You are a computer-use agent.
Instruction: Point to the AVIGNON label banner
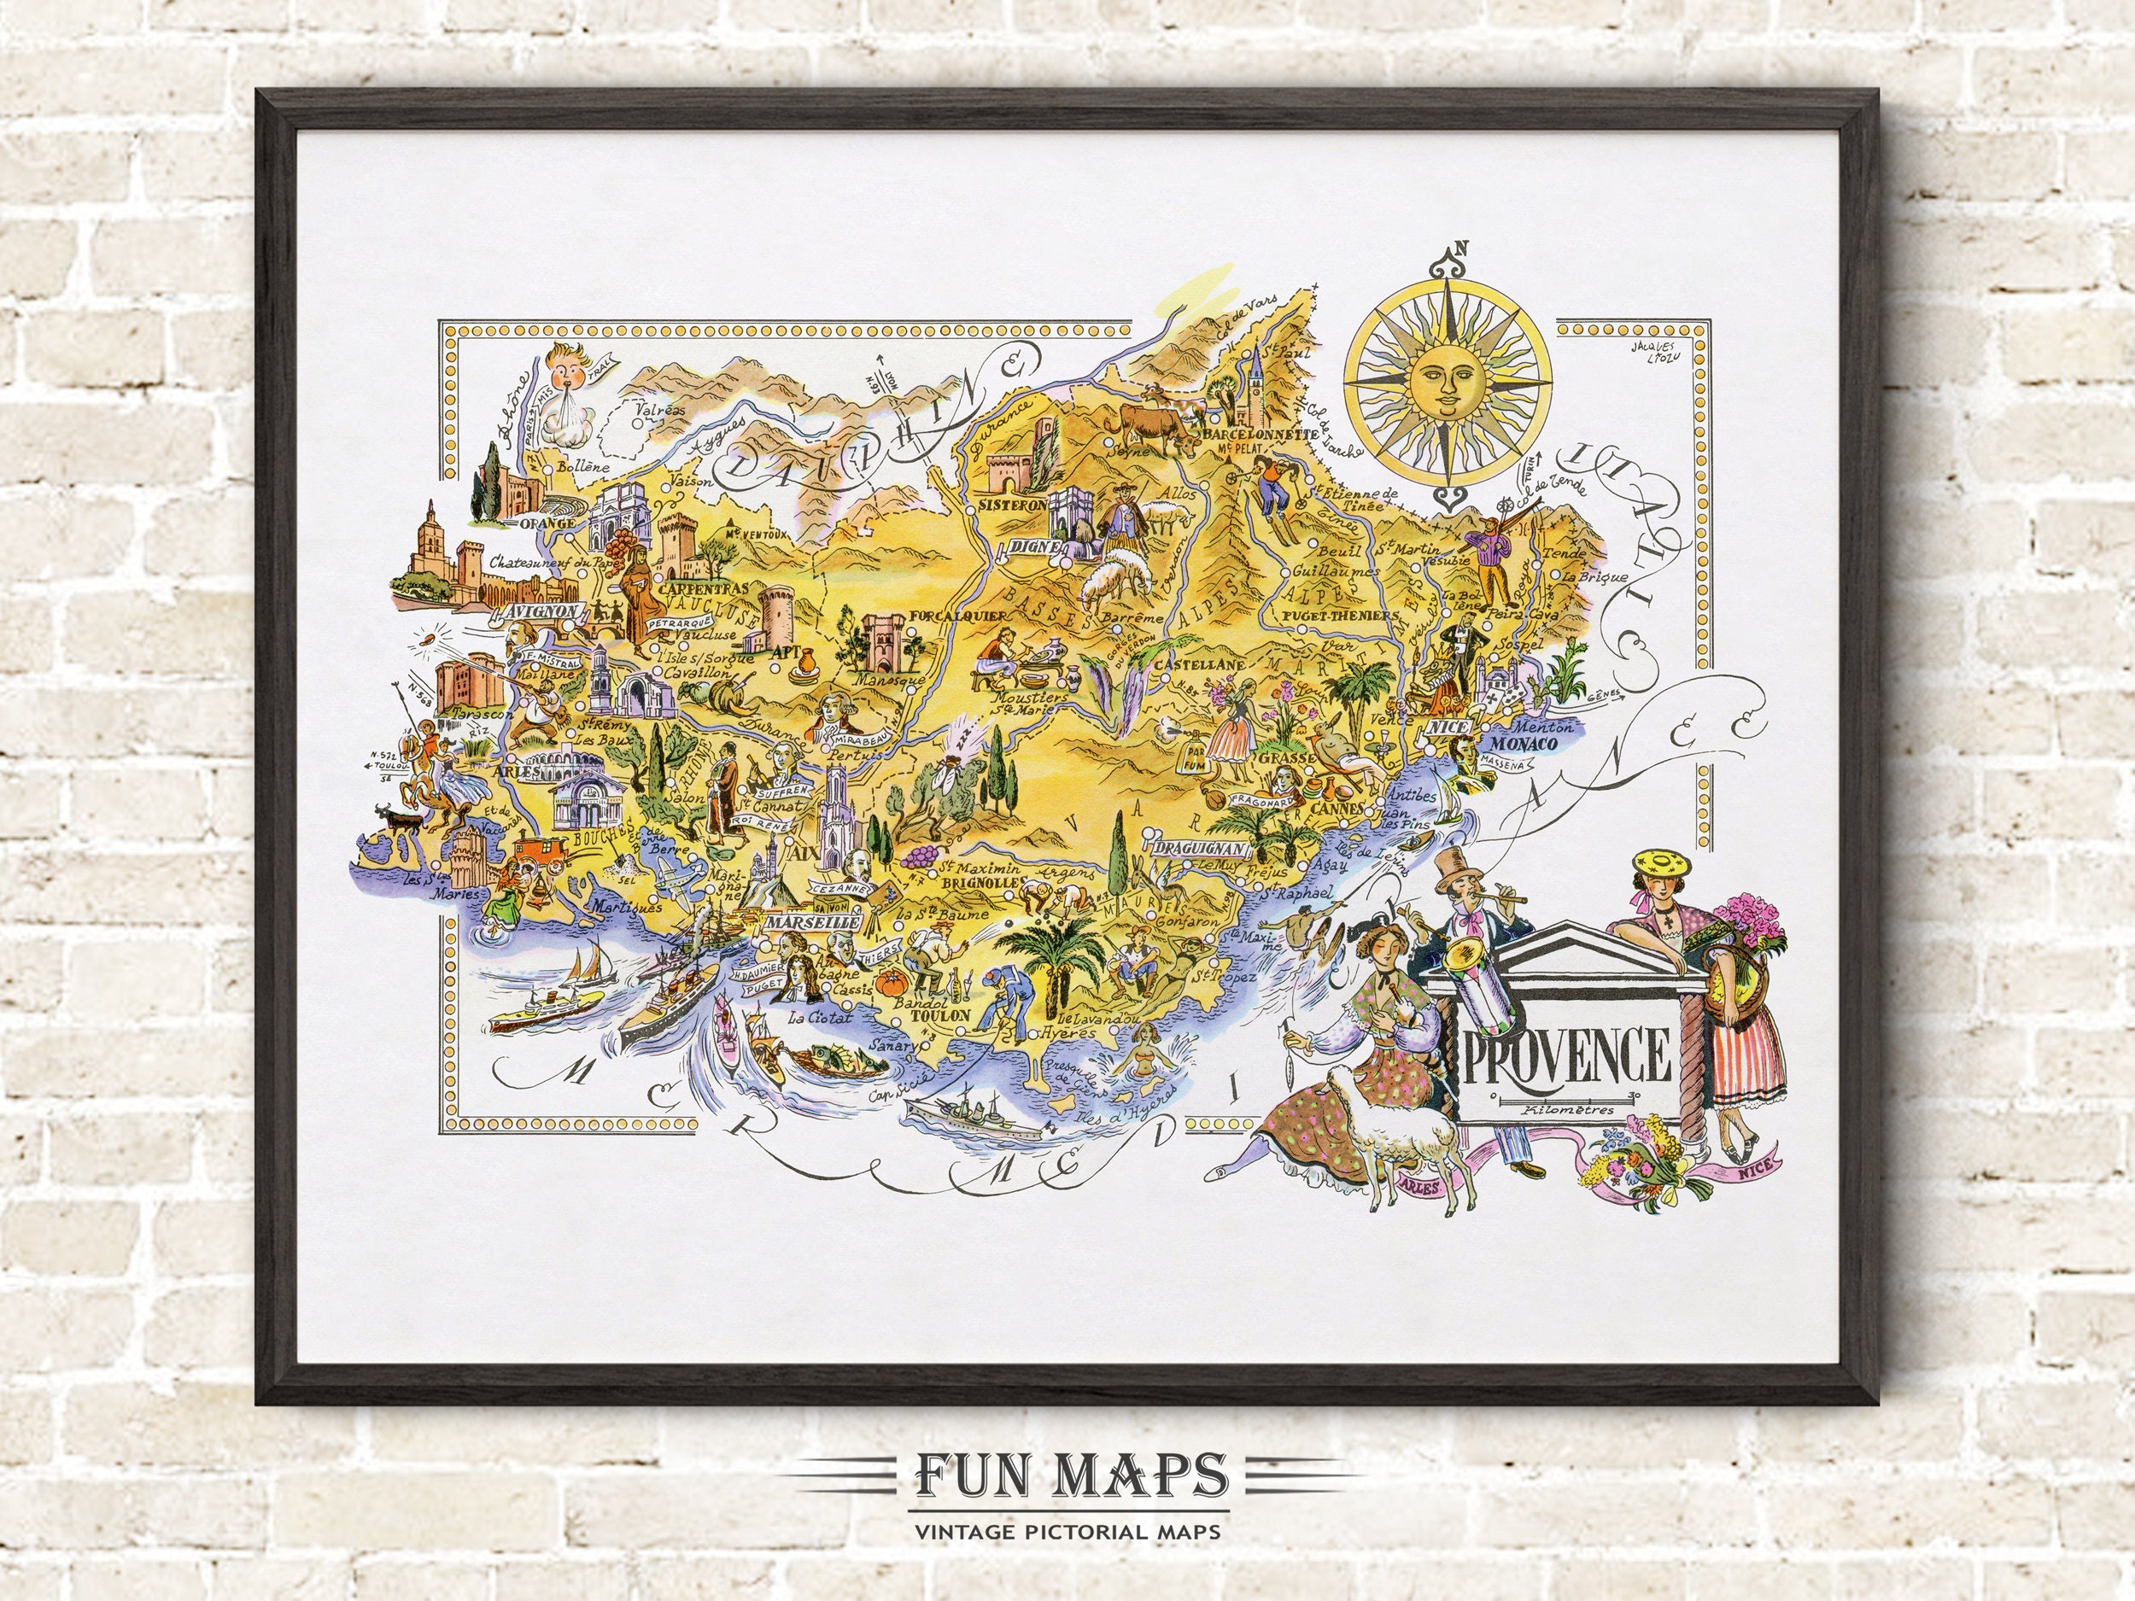(x=540, y=612)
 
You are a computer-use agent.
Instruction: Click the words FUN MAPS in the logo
(x=1068, y=1473)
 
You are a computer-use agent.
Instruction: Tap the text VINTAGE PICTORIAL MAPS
(x=1068, y=1529)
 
